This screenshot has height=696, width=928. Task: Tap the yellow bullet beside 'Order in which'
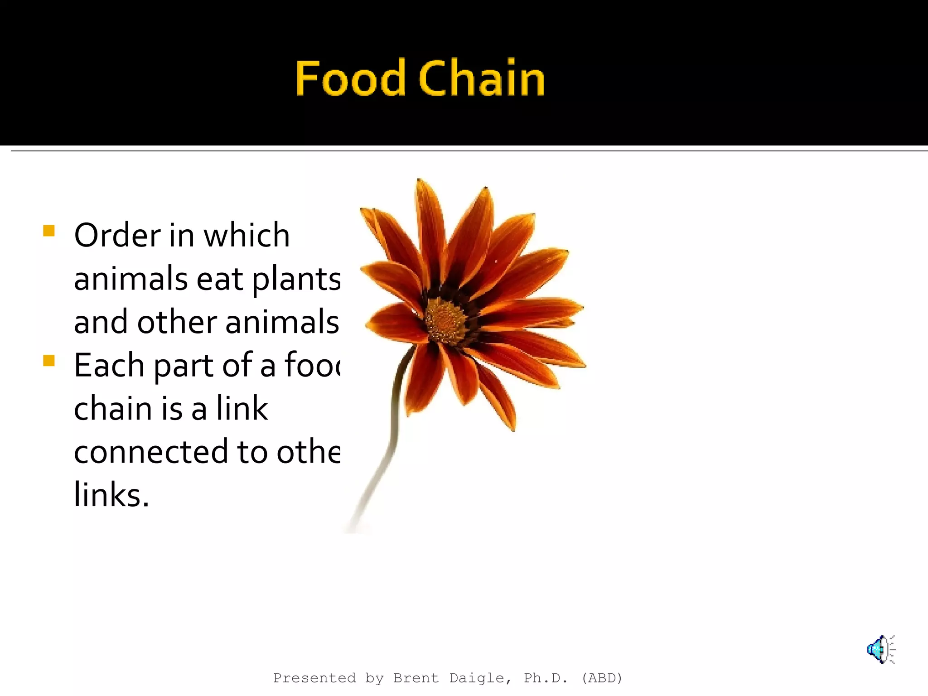49,231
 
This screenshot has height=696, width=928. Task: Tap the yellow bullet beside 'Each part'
49,361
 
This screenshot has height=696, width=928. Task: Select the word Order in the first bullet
117,236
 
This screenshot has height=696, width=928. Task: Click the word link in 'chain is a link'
242,408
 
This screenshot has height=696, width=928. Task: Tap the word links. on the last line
111,495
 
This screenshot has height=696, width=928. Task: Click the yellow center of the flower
446,320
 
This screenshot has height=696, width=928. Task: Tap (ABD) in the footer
602,678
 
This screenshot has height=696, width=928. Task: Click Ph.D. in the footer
546,678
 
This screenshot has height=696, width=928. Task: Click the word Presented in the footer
314,678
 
